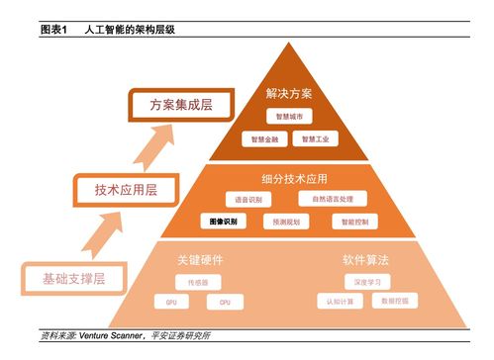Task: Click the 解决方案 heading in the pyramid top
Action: click(x=289, y=93)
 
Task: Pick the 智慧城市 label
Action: click(x=289, y=116)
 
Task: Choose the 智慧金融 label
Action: click(x=264, y=139)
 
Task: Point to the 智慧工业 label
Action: click(x=316, y=139)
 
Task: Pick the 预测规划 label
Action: click(x=287, y=223)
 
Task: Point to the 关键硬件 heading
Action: click(x=197, y=260)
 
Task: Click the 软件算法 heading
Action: click(x=365, y=260)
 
